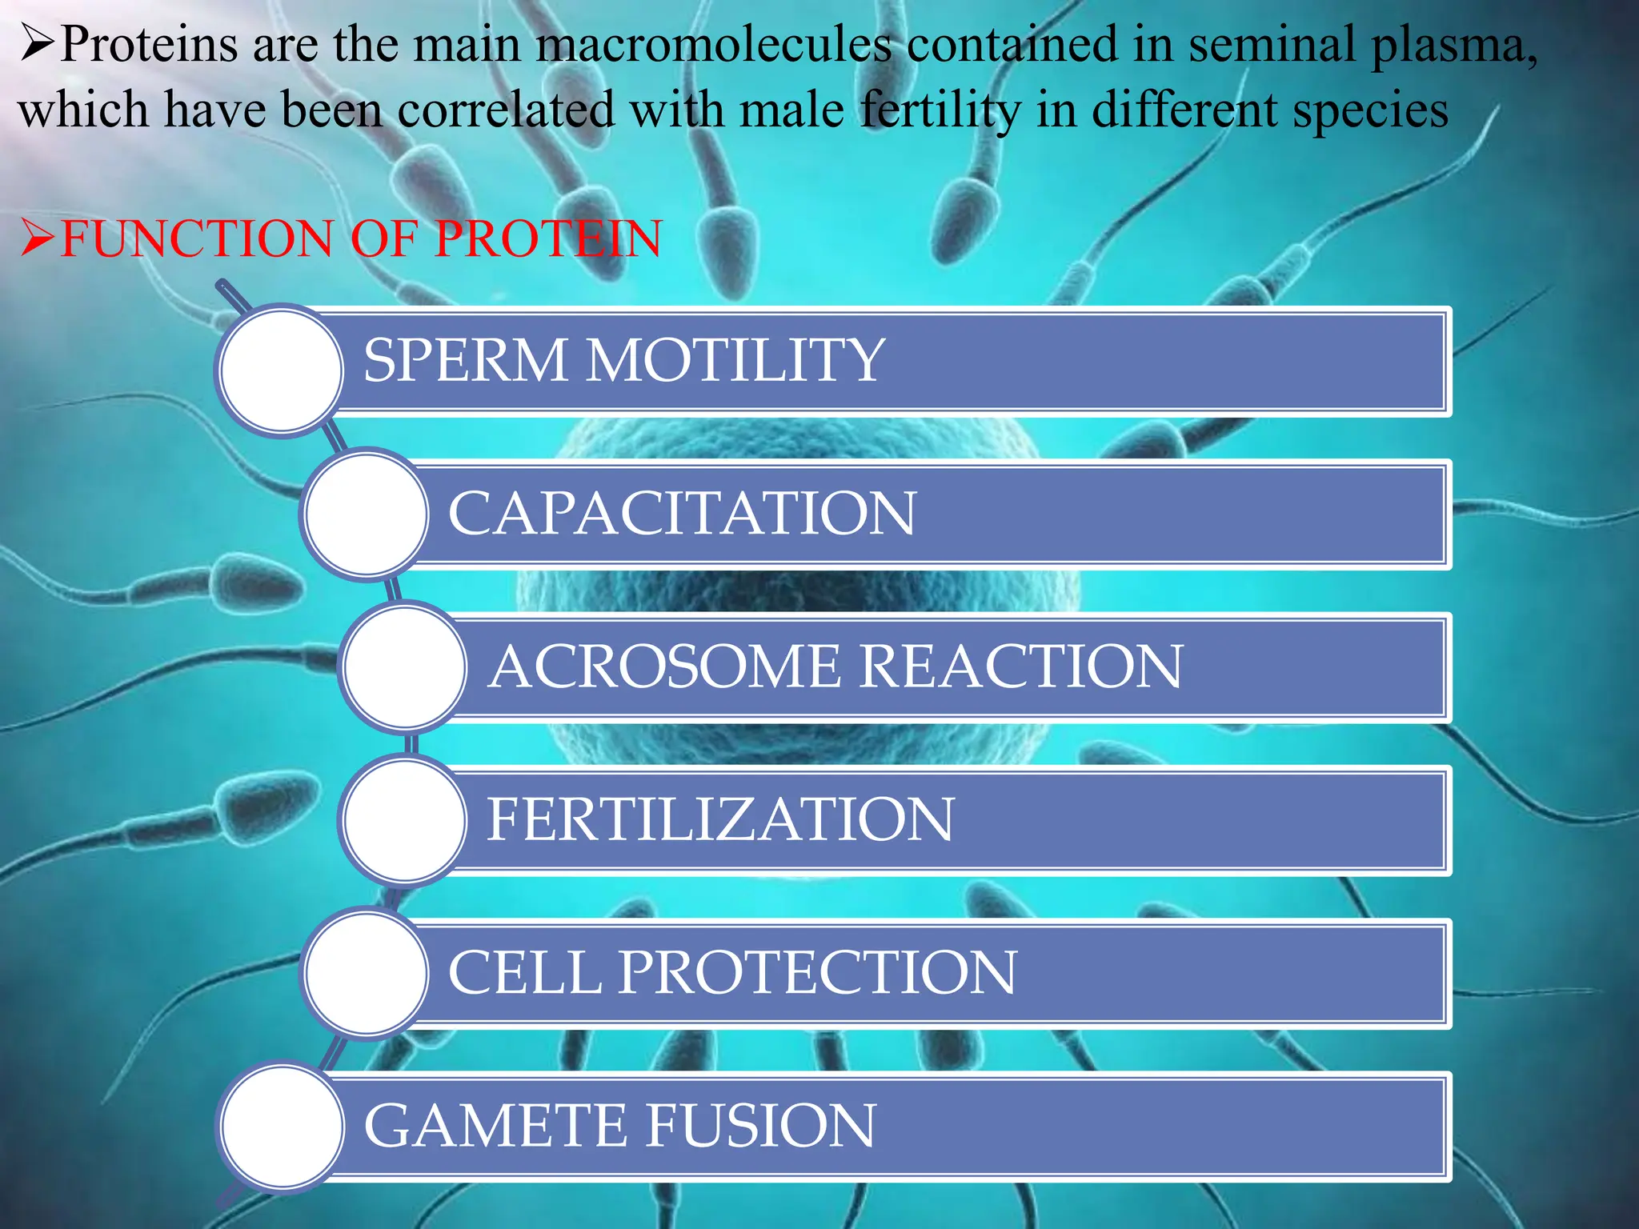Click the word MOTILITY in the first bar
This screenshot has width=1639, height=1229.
(735, 360)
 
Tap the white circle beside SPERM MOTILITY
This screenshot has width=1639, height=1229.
(281, 370)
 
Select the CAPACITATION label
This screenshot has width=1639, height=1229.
(682, 513)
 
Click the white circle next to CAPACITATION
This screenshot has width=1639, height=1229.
(366, 514)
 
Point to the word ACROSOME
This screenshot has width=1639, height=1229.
(664, 667)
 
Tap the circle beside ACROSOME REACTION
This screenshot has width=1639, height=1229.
(405, 667)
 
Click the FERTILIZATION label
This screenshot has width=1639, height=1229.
(720, 819)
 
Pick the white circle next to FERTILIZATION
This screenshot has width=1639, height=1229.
(405, 819)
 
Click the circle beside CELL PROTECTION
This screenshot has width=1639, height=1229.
(366, 973)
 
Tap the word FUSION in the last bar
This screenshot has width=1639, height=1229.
(760, 1125)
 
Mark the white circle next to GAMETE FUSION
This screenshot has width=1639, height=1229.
(281, 1127)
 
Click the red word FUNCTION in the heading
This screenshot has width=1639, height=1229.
(196, 238)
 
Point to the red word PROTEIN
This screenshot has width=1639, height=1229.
(549, 238)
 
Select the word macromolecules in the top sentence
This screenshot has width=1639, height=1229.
(713, 44)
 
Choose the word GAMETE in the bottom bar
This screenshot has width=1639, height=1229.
(496, 1125)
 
